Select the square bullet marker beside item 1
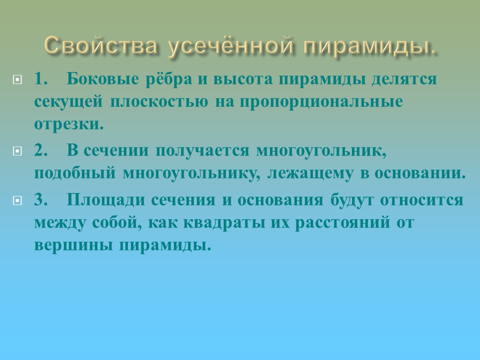click(18, 79)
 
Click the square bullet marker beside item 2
click(18, 150)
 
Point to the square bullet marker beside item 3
click(18, 200)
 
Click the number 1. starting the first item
click(41, 79)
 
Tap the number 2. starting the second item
click(41, 150)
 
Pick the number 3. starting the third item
click(41, 200)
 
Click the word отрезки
click(69, 124)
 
